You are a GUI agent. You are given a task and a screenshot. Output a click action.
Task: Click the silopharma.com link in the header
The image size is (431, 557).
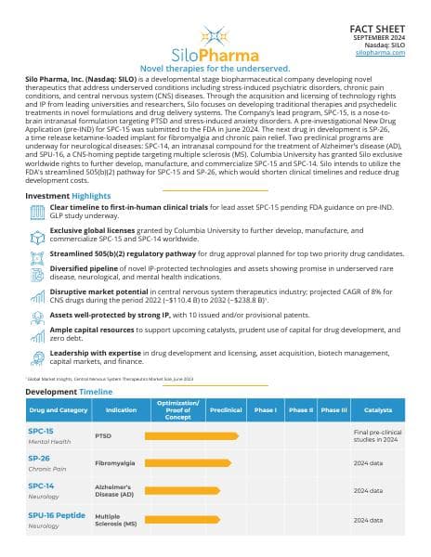(x=381, y=53)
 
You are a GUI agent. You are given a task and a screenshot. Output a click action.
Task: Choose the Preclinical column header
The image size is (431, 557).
(x=226, y=409)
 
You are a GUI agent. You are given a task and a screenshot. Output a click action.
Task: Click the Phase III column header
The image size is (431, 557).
(x=333, y=409)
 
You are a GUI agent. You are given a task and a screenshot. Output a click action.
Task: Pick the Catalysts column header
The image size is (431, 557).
(x=377, y=409)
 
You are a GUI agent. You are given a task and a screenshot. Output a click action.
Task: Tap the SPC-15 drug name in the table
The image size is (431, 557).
(x=39, y=431)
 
